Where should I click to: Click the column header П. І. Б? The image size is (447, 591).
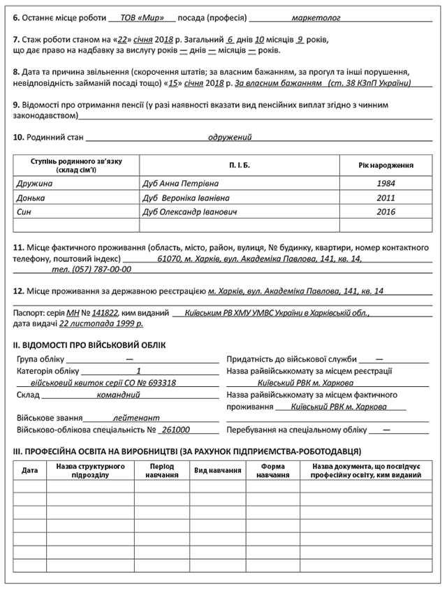pos(239,166)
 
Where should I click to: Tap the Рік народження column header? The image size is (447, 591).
pos(386,166)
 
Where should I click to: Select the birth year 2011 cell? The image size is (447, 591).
pos(386,198)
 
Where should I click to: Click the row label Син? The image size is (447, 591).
pos(24,212)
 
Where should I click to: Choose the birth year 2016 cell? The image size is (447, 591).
pos(386,212)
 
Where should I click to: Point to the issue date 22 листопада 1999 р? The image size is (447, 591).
pos(101,324)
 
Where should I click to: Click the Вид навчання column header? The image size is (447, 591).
pos(218,470)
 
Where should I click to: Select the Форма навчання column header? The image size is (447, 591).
pos(272,470)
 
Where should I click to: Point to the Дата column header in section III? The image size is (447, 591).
pos(30,470)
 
